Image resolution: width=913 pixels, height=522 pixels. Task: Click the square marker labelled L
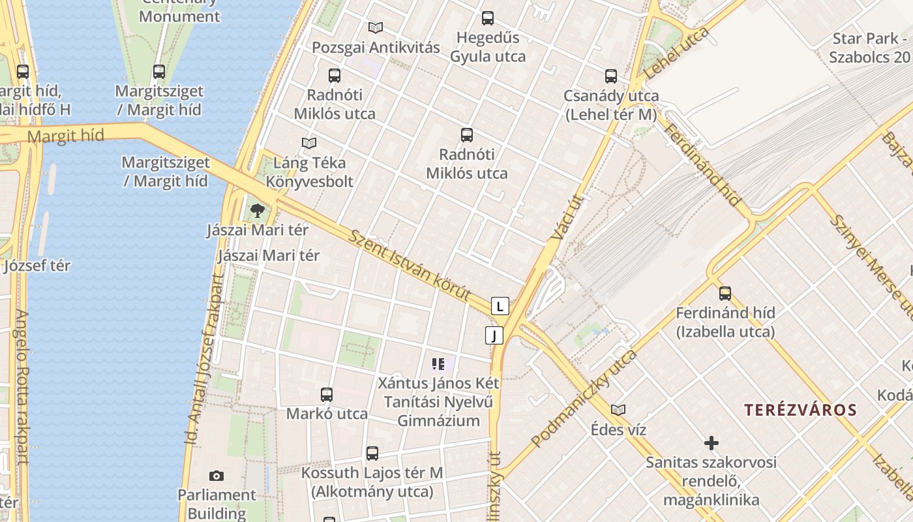500,305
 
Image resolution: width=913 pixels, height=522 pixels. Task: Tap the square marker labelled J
494,335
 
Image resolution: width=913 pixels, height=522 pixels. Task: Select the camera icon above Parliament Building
217,476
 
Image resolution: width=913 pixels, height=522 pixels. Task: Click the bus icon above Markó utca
327,394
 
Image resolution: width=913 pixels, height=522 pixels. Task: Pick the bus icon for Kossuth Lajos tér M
372,453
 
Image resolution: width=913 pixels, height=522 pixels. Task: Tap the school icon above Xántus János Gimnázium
438,363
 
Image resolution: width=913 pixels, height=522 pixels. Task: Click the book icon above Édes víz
618,410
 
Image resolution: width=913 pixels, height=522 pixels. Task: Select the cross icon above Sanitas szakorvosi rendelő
711,443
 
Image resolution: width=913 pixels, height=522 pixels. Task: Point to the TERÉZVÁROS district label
801,410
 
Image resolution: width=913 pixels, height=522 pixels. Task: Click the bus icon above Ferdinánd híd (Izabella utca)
725,294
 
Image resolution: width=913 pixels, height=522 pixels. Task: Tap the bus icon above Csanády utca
611,76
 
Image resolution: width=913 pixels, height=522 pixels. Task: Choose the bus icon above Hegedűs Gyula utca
488,18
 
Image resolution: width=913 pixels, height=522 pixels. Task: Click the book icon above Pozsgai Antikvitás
375,27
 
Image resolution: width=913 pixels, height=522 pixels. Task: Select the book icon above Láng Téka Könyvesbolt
309,142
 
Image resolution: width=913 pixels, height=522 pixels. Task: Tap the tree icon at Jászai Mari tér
258,210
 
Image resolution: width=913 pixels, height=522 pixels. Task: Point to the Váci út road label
566,217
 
